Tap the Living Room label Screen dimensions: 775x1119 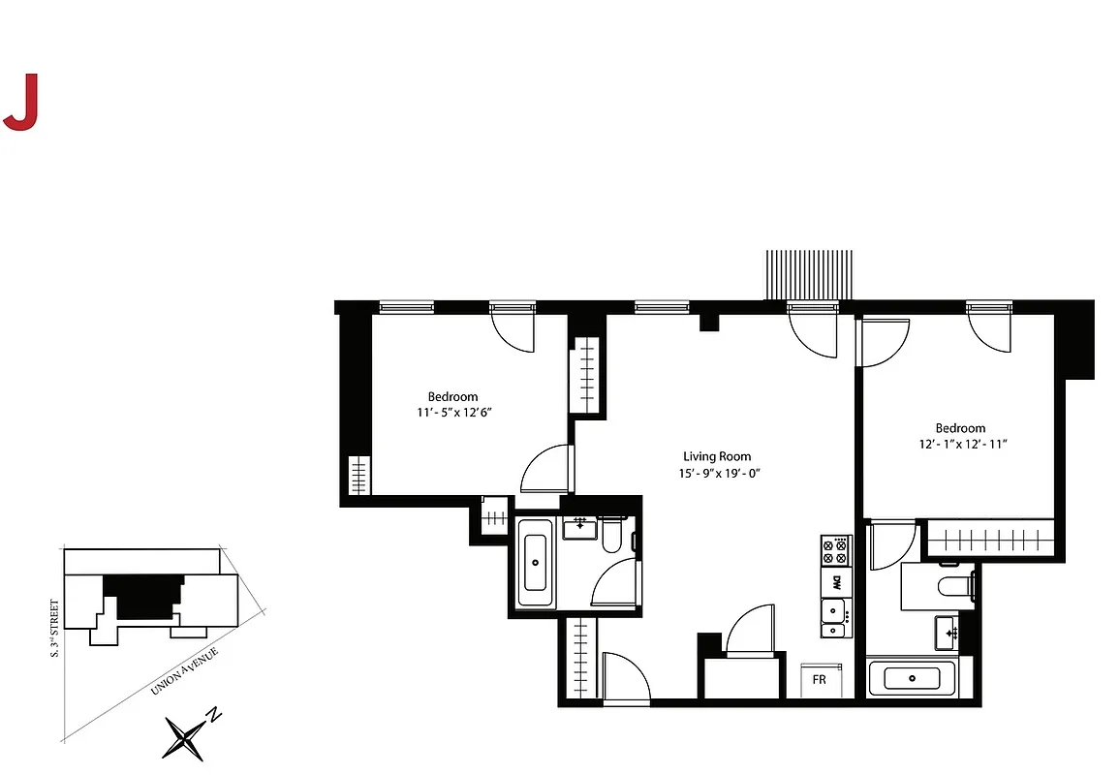click(717, 456)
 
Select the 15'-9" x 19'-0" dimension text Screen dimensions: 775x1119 click(717, 474)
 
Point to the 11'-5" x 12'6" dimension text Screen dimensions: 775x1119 click(453, 413)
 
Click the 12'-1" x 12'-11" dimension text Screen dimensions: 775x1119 click(961, 445)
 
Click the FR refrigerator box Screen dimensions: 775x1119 click(820, 679)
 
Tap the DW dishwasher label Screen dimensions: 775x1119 click(835, 582)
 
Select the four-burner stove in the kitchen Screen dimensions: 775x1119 click(835, 551)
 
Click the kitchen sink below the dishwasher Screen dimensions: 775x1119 click(833, 617)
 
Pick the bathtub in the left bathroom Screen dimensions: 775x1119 click(535, 563)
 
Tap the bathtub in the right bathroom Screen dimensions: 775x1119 click(912, 678)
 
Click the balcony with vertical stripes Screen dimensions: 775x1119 click(810, 275)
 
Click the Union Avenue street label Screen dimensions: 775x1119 click(184, 671)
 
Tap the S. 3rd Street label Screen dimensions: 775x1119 click(54, 629)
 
